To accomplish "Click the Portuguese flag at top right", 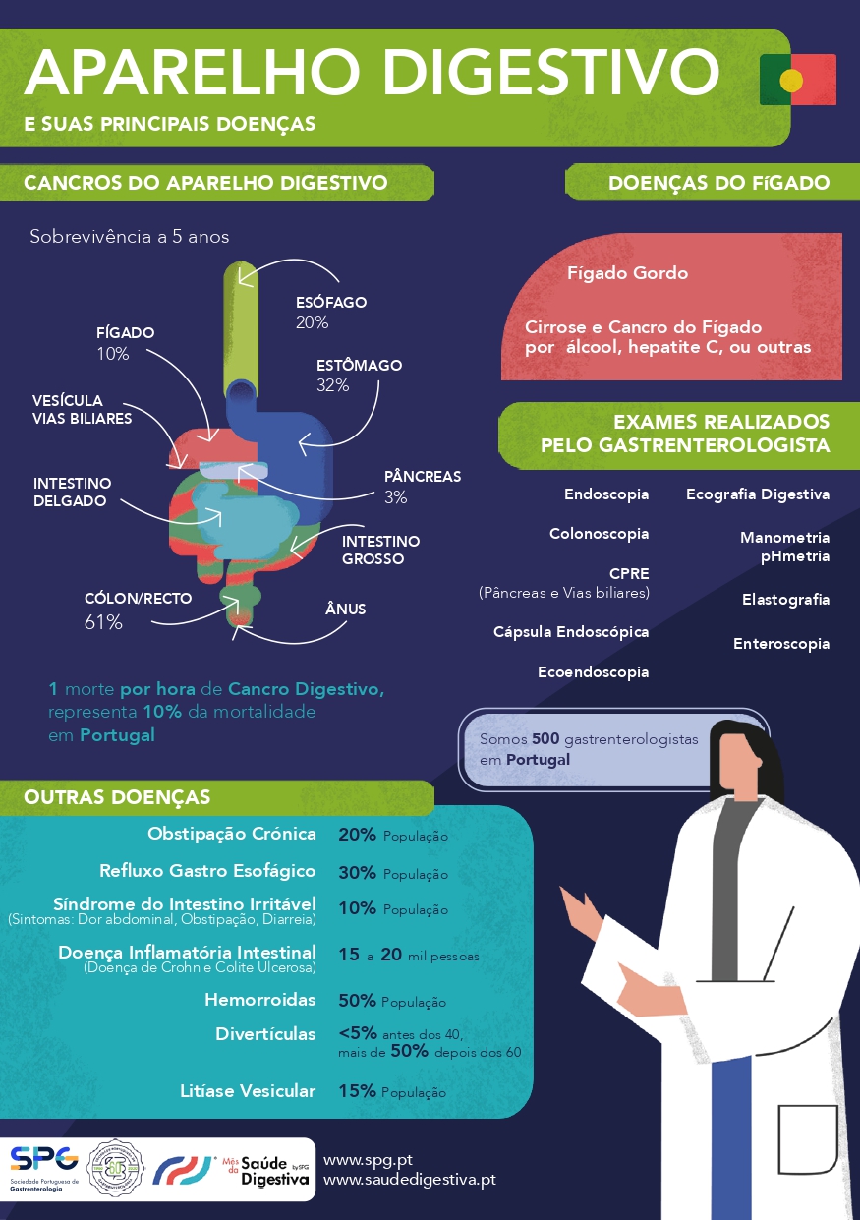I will coord(797,80).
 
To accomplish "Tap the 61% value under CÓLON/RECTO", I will coord(103,622).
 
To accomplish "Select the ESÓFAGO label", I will coord(331,302).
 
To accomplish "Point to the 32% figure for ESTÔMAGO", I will coord(332,385).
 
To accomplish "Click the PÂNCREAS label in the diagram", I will coord(422,477).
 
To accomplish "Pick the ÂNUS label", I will coord(345,610).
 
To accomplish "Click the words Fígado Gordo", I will coord(627,273).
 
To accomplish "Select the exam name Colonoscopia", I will coord(599,534).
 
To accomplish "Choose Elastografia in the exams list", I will coord(785,600).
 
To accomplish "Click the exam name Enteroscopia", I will coord(781,645).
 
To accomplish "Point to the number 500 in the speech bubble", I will coord(545,738).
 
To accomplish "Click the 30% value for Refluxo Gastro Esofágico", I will coord(357,872).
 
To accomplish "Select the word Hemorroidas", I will coord(259,1000).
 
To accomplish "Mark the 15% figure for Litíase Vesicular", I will coord(357,1091).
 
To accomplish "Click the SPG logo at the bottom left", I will coord(45,1158).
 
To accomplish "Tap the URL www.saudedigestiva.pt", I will coord(409,1179).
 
